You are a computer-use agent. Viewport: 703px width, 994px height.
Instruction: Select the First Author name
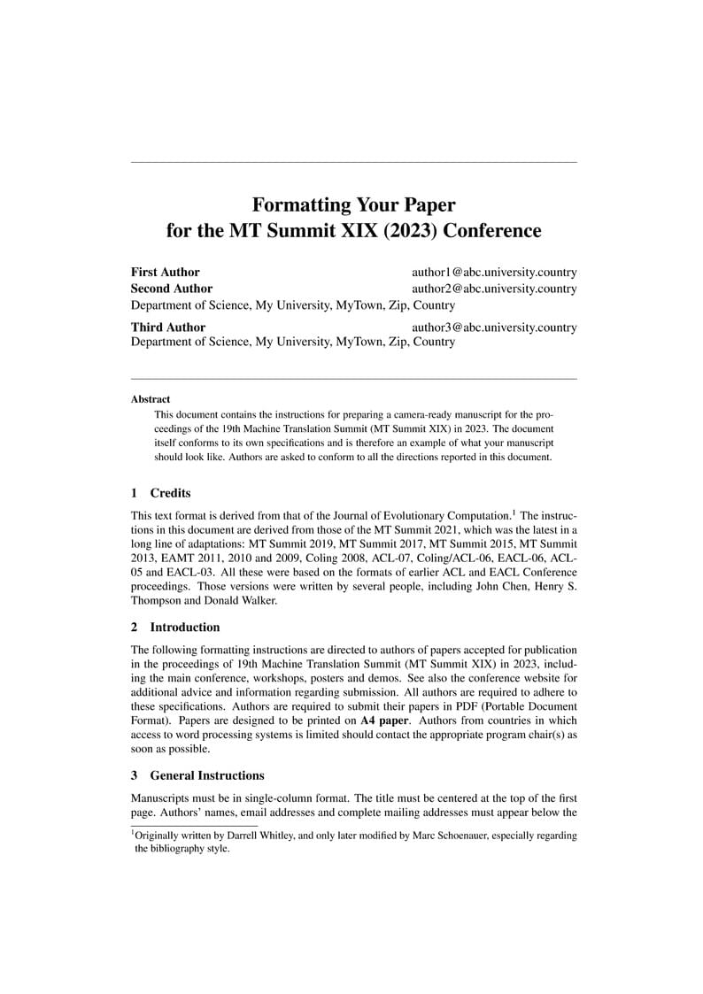click(x=166, y=273)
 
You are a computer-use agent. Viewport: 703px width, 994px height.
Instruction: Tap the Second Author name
click(x=172, y=289)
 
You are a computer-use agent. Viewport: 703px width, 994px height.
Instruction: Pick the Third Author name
click(x=168, y=327)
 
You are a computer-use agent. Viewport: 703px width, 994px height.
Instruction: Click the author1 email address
click(x=494, y=273)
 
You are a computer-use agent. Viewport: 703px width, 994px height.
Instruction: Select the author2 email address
click(x=494, y=289)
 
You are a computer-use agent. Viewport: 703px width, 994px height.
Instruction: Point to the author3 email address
click(x=494, y=327)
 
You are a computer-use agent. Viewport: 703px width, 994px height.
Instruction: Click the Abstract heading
click(x=151, y=399)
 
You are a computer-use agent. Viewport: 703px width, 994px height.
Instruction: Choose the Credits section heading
click(x=170, y=493)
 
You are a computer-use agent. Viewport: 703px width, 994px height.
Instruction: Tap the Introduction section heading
click(x=185, y=628)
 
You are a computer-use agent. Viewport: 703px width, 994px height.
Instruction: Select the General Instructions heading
click(x=207, y=775)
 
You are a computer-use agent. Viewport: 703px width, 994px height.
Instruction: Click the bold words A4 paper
click(x=385, y=720)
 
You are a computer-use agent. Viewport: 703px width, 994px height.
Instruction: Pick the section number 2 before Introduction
click(x=135, y=628)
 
